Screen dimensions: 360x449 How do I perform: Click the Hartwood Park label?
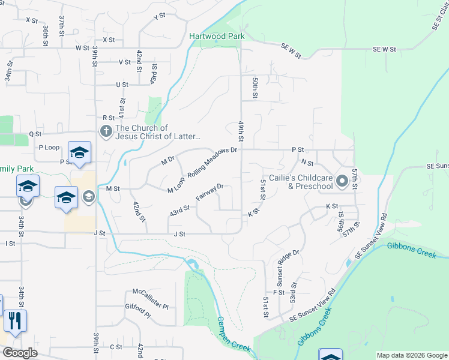click(x=217, y=36)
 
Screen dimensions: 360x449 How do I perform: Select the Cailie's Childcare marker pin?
click(x=342, y=181)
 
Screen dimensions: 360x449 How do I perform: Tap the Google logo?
click(x=20, y=353)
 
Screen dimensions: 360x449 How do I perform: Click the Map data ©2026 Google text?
click(x=411, y=355)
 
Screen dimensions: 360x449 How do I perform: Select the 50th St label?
click(x=255, y=88)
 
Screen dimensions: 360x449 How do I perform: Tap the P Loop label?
click(x=49, y=147)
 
